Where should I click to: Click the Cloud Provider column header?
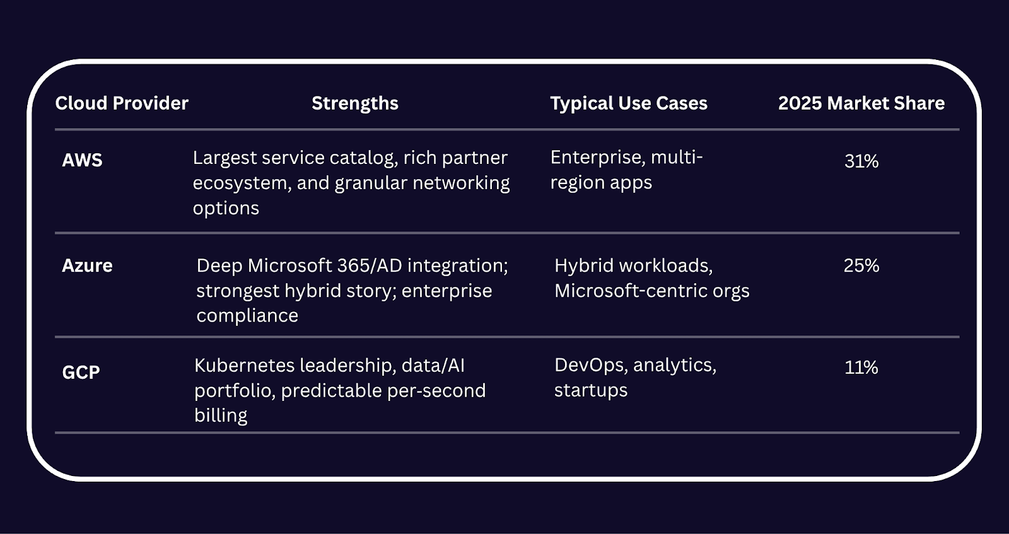[x=122, y=103]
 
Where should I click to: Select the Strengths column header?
[x=355, y=103]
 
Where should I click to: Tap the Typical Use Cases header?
[x=629, y=103]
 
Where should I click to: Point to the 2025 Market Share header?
[x=861, y=103]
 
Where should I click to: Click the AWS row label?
[x=82, y=160]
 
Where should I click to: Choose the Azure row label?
[x=87, y=265]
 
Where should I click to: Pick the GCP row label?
[x=81, y=372]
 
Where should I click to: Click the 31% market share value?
[x=861, y=161]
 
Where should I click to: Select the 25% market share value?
[x=861, y=265]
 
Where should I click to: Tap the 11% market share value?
[x=861, y=368]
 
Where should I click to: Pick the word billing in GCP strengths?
[x=221, y=415]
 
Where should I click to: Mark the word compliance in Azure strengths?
[x=247, y=316]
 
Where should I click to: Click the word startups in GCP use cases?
[x=590, y=390]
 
